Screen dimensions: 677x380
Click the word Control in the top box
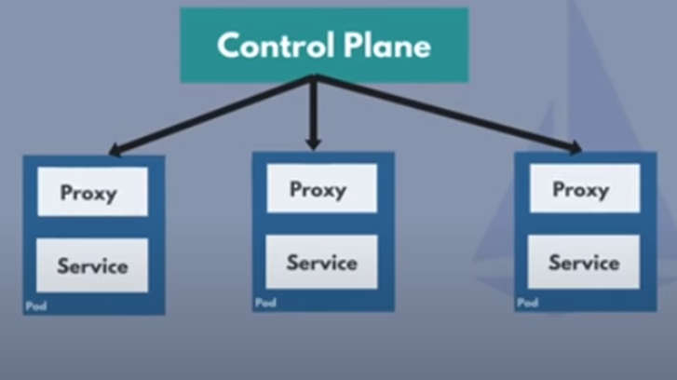[x=276, y=46]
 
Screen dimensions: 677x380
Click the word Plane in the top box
[x=387, y=46]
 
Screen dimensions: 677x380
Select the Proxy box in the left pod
[x=92, y=192]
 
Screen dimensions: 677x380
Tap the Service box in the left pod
[x=92, y=265]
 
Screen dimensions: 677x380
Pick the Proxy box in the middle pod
[x=321, y=188]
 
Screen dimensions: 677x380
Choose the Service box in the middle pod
[x=321, y=262]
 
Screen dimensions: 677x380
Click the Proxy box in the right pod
[x=585, y=188]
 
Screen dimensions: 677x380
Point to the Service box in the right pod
[x=584, y=262]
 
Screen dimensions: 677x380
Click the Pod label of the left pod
[x=36, y=306]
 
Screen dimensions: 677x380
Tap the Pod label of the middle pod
[x=265, y=303]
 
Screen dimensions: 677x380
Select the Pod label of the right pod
[x=528, y=303]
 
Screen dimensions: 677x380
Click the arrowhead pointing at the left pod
[x=115, y=149]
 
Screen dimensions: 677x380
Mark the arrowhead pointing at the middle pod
[x=314, y=143]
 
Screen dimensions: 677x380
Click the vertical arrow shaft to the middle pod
[x=314, y=109]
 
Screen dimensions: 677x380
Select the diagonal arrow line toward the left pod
[x=214, y=114]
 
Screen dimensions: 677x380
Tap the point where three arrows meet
[x=314, y=78]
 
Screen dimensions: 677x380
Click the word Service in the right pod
[x=584, y=263]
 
